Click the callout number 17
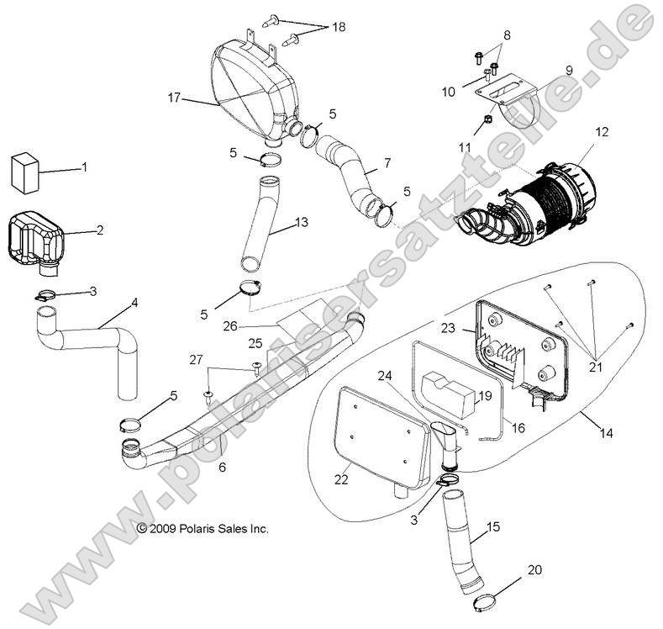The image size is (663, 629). pyautogui.click(x=174, y=98)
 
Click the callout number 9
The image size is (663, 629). pyautogui.click(x=568, y=71)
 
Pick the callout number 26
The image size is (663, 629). pyautogui.click(x=229, y=325)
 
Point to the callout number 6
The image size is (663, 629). pyautogui.click(x=222, y=465)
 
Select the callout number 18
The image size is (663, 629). pyautogui.click(x=338, y=28)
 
